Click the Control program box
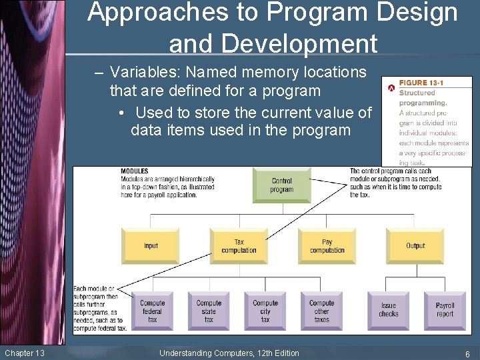(282, 185)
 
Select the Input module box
(151, 245)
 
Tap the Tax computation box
(239, 245)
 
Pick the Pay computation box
(327, 245)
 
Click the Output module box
(415, 245)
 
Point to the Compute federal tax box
(152, 311)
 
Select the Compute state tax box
(209, 311)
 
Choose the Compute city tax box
(265, 311)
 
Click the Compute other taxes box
(321, 311)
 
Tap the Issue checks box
(389, 311)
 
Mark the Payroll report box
(445, 311)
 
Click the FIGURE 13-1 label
(421, 83)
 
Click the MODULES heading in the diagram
(135, 171)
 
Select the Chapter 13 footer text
(24, 353)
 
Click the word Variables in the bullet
(139, 72)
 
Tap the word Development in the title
(273, 43)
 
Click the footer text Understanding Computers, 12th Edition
(229, 353)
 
